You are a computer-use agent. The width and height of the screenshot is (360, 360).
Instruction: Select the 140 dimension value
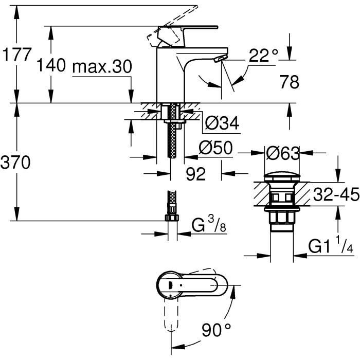click(51, 66)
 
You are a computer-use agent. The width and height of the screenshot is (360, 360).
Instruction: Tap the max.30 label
click(102, 66)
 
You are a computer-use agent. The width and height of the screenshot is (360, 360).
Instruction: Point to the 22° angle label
click(263, 56)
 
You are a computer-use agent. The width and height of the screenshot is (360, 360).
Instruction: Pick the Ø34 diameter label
click(222, 123)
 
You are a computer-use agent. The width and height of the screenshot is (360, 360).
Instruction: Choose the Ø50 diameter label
click(215, 149)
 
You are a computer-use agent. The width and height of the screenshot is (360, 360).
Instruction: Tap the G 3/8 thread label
click(208, 225)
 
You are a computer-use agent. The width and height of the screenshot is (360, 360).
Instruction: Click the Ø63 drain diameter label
click(282, 153)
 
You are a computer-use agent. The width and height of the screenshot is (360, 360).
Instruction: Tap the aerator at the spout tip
click(220, 60)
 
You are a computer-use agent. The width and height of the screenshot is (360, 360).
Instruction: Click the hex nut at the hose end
click(172, 218)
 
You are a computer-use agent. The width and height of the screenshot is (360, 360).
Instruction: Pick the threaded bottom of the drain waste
click(282, 219)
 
